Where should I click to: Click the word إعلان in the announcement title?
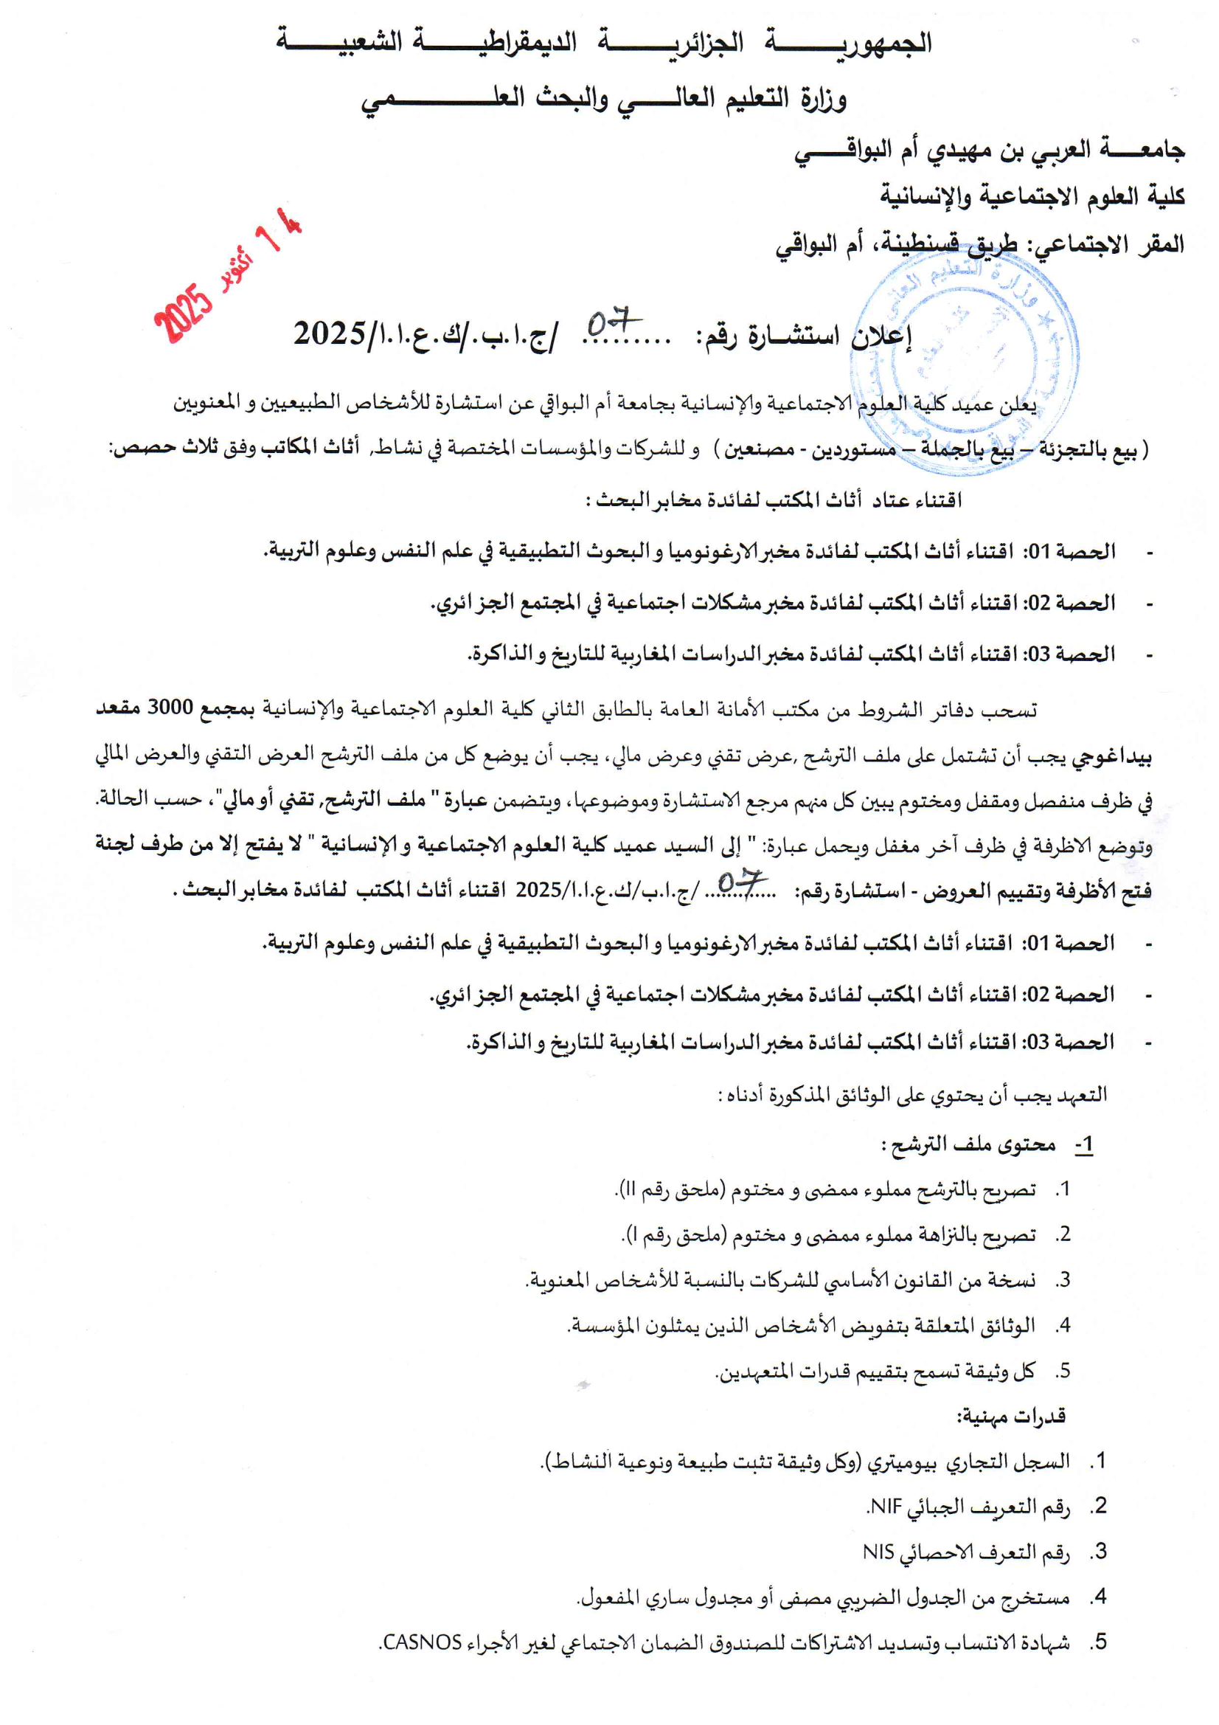point(883,336)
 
